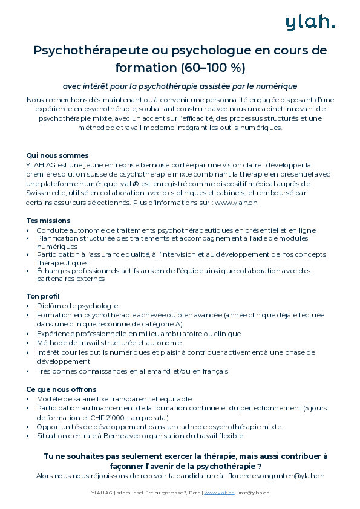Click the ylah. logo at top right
click(310, 22)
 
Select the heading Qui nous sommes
click(57, 155)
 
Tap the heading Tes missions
click(48, 221)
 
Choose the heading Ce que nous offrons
click(61, 389)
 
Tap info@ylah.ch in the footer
click(254, 493)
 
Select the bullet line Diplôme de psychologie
click(77, 306)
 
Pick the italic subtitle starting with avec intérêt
click(180, 86)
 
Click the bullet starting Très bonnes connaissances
click(132, 371)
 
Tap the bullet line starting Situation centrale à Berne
click(139, 435)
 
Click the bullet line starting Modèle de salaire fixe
click(114, 399)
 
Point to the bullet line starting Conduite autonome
click(175, 230)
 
